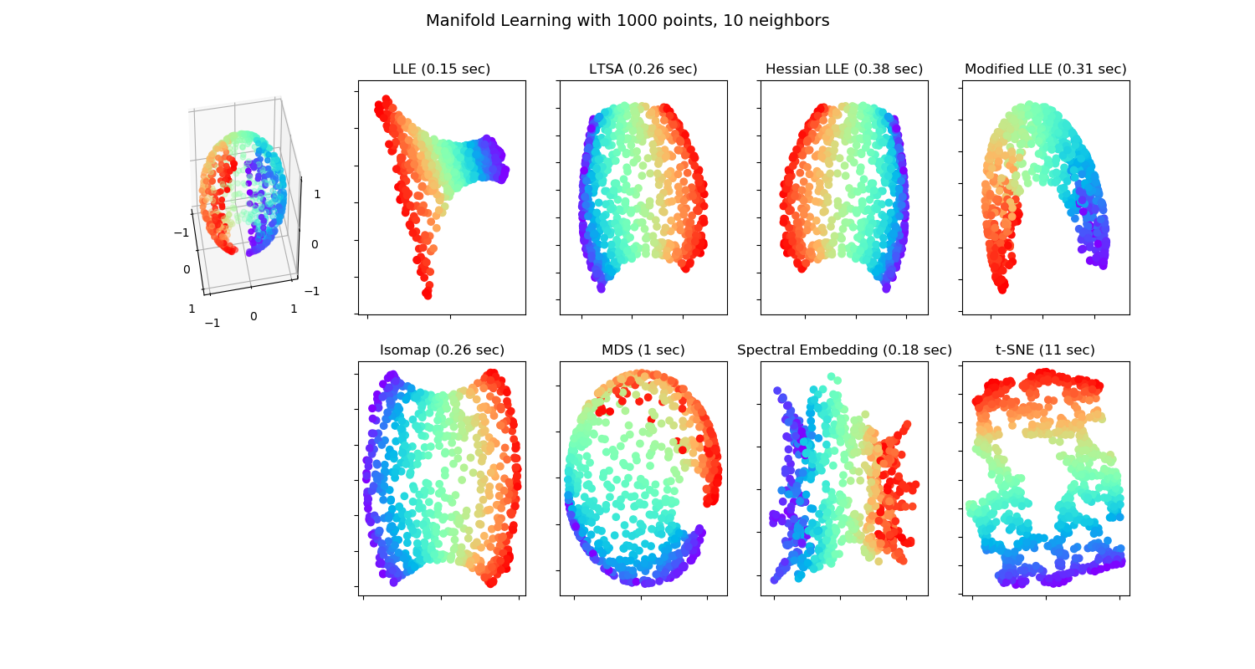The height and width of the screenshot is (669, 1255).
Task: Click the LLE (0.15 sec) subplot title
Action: (441, 69)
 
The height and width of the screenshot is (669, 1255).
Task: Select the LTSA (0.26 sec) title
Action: (643, 69)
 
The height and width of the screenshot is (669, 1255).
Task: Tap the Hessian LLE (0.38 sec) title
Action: (843, 69)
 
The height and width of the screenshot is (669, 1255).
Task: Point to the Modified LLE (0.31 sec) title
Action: (1045, 69)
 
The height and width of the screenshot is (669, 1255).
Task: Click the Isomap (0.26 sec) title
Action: (442, 350)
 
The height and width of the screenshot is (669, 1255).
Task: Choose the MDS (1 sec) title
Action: (643, 350)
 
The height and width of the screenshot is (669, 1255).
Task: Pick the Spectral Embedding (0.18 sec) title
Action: (844, 350)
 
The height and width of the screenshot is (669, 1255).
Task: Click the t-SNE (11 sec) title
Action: (1045, 350)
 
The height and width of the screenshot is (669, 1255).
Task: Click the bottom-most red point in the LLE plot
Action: (428, 294)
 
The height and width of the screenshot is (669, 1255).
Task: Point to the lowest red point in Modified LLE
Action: (1003, 289)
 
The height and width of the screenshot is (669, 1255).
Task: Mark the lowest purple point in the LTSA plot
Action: (602, 288)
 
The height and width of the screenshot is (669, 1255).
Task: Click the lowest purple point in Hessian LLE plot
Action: (886, 288)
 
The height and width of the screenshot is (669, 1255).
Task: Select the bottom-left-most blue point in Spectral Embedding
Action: (775, 579)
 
